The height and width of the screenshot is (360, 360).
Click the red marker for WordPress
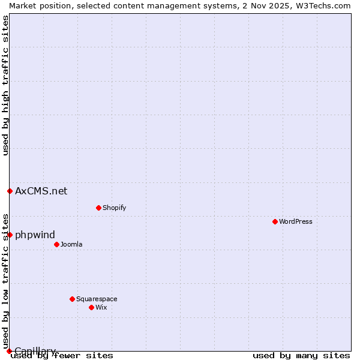point(275,221)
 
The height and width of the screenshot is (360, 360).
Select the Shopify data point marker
point(98,208)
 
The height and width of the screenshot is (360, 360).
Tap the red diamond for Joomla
point(56,244)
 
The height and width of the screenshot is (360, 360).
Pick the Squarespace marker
point(72,299)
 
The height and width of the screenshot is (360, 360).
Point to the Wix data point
point(91,307)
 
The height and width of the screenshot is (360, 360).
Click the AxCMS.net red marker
point(10,191)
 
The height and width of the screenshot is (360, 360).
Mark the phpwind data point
point(10,235)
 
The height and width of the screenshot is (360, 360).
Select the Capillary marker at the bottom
point(9,351)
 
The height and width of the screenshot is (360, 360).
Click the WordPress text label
point(296,221)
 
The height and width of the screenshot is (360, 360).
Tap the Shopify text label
point(114,208)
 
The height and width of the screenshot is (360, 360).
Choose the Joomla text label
point(71,244)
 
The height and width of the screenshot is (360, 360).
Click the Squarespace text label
point(97,299)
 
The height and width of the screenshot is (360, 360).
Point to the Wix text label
point(101,307)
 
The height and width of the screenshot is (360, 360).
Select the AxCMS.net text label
point(41,191)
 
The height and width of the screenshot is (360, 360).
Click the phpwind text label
point(35,235)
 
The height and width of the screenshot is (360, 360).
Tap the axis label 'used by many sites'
point(301,355)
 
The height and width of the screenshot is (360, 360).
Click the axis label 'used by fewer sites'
point(62,355)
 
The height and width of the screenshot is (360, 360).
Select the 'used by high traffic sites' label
point(5,85)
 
